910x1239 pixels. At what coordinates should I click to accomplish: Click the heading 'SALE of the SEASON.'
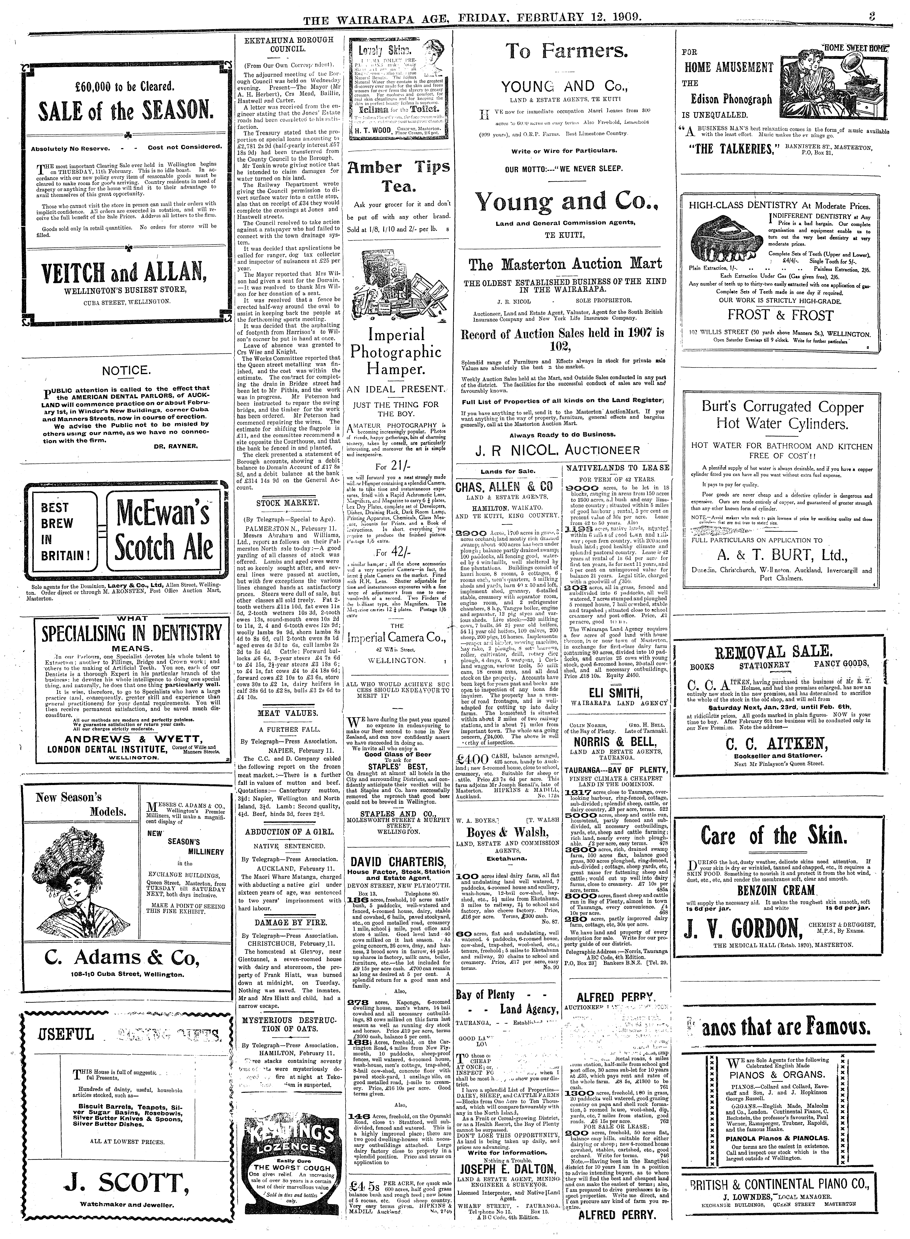pos(126,112)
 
